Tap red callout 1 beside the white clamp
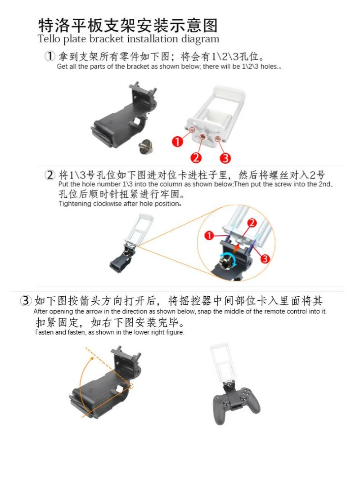tap(177, 141)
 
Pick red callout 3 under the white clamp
tap(225, 158)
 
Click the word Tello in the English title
tap(49, 39)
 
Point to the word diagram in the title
tap(200, 40)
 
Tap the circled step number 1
tap(50, 56)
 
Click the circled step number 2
tap(50, 175)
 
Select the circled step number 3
tap(26, 300)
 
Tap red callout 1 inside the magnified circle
tap(209, 236)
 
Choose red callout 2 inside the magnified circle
tap(252, 223)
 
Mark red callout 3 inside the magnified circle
tap(265, 259)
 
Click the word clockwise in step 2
tap(108, 204)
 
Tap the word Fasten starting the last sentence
tap(45, 332)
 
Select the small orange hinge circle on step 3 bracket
tap(131, 386)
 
